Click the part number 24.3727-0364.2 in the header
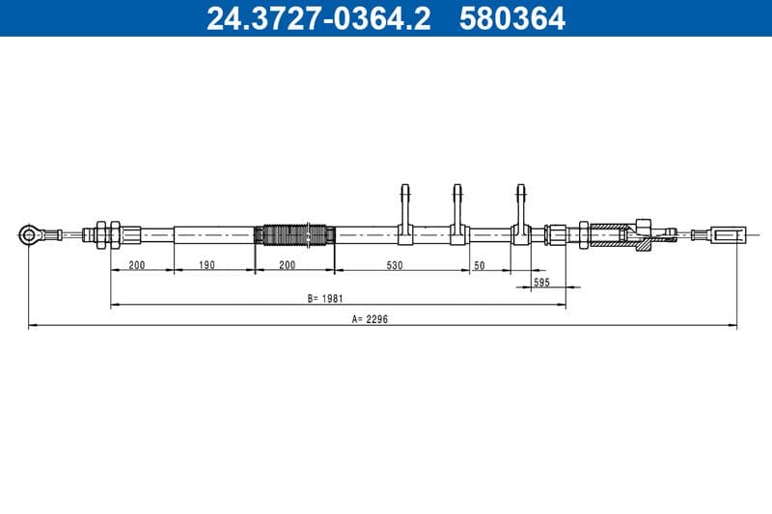[x=318, y=18]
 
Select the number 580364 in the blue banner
[x=512, y=18]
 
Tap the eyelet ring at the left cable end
[x=27, y=234]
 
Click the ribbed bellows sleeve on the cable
[x=294, y=234]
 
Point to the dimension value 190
[x=207, y=265]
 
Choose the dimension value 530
[x=395, y=265]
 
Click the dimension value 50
[x=479, y=265]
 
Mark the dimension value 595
[x=541, y=283]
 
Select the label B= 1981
[x=325, y=298]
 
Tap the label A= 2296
[x=370, y=319]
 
